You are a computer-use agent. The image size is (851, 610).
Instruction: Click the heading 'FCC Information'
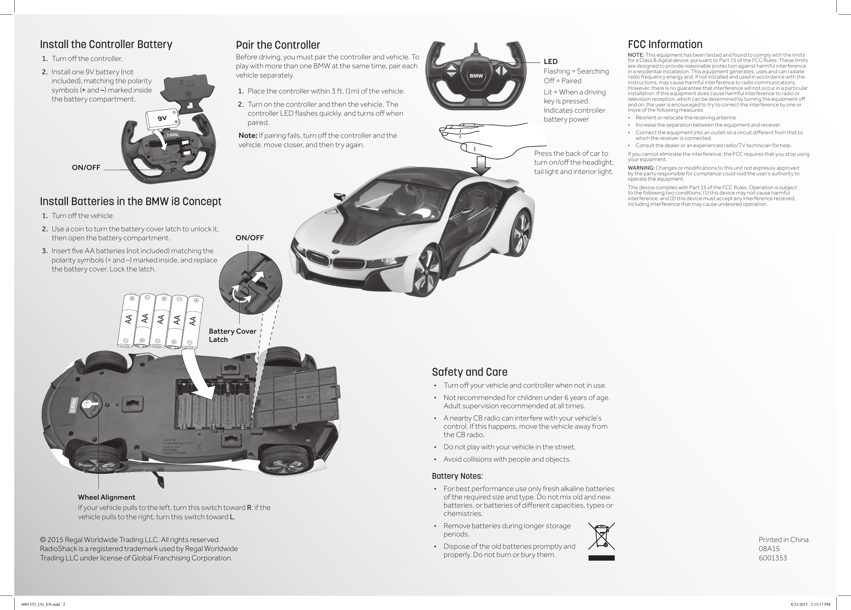pos(665,44)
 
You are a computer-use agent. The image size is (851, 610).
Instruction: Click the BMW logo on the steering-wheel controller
pos(476,76)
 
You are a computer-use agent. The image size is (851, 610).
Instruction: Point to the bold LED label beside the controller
pos(550,62)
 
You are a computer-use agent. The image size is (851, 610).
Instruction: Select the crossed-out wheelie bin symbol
pos(601,537)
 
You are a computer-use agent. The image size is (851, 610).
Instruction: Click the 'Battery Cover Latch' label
pos(232,335)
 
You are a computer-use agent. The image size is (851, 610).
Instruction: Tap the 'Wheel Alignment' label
pos(107,497)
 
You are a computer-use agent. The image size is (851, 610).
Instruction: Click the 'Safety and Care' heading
pos(469,372)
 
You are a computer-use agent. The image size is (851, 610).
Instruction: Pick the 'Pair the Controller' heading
pos(278,45)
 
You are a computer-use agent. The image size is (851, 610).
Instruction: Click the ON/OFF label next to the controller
pos(86,168)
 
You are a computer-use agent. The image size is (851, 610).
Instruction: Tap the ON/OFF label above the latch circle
pos(250,238)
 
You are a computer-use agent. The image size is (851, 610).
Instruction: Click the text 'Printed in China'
pos(783,539)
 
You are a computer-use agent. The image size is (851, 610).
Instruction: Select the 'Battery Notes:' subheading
pos(457,476)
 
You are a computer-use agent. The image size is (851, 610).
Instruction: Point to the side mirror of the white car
pos(340,196)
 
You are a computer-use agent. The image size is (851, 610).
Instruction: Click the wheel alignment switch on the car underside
pos(91,405)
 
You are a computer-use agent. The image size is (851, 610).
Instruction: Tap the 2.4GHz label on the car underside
pos(74,405)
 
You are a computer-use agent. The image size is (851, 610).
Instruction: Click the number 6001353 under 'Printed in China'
pos(772,558)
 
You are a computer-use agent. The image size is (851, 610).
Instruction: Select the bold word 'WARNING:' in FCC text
pos(641,168)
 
